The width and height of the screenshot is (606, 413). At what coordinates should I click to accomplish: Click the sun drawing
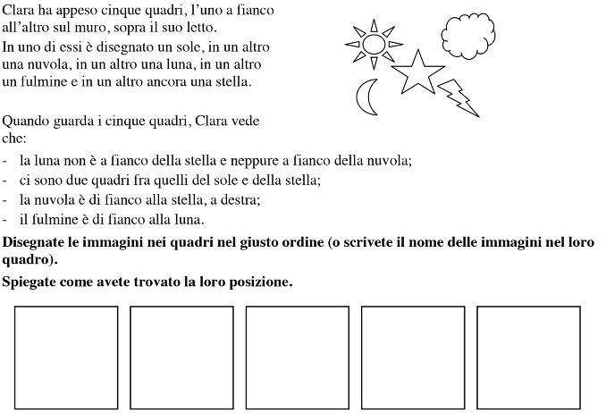click(x=374, y=41)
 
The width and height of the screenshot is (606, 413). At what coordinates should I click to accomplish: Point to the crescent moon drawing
click(x=366, y=97)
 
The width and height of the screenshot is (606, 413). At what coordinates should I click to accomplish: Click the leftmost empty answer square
click(x=66, y=358)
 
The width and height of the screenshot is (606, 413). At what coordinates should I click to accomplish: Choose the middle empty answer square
click(x=298, y=358)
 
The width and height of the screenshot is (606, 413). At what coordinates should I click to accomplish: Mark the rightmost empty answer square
click(x=528, y=358)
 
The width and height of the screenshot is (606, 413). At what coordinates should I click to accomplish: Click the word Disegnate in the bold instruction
click(x=34, y=243)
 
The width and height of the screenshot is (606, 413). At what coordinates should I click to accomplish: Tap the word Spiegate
click(x=29, y=282)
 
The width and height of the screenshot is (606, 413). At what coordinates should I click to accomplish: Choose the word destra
click(x=239, y=200)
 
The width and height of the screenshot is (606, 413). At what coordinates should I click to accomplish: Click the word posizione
click(x=259, y=282)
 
